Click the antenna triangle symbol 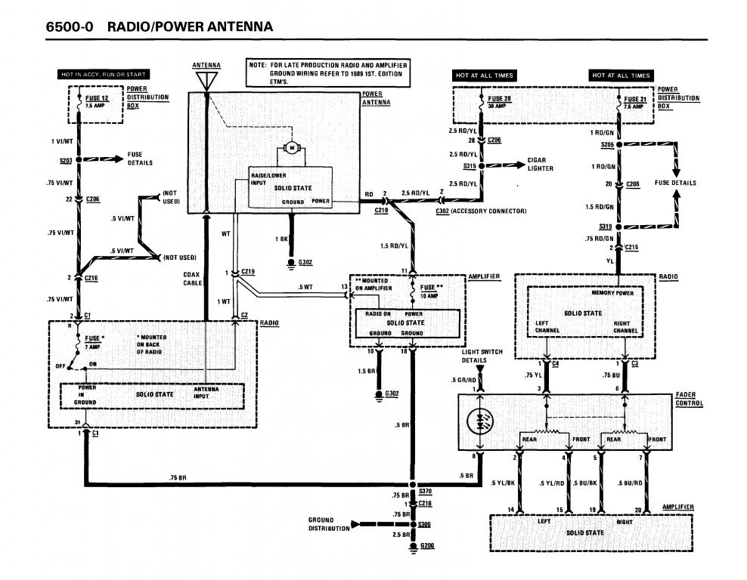coord(206,79)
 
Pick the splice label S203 coord(65,160)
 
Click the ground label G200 coord(429,545)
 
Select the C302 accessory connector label coord(481,211)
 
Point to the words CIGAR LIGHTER coord(541,164)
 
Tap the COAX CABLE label coord(192,279)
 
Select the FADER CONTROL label coord(689,399)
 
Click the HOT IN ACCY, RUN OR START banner coord(104,74)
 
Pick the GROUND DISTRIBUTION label coord(329,523)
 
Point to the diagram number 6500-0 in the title coord(70,27)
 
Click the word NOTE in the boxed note coord(257,66)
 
